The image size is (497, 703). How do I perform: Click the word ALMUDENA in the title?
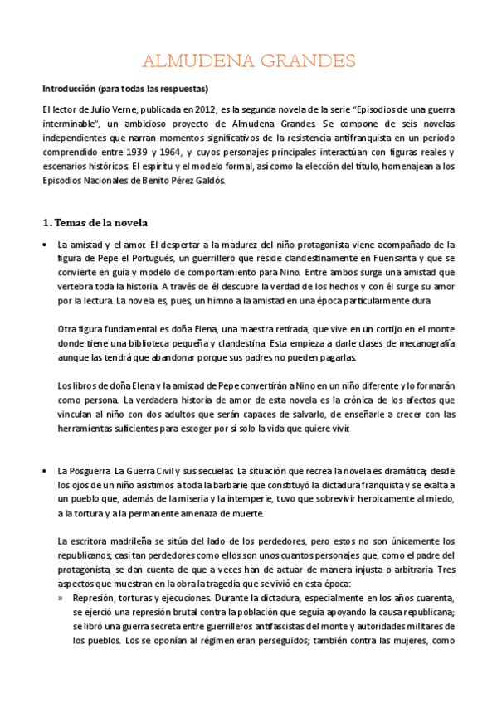pyautogui.click(x=193, y=61)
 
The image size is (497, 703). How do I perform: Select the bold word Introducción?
pyautogui.click(x=73, y=89)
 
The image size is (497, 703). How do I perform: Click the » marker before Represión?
pyautogui.click(x=61, y=597)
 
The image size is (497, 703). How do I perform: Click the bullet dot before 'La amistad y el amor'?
pyautogui.click(x=43, y=245)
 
